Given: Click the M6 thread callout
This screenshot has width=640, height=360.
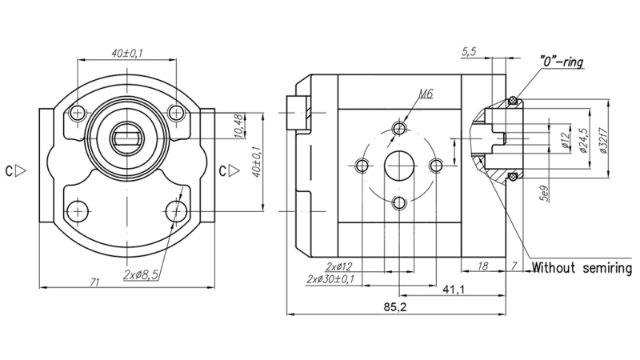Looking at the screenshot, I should tap(426, 94).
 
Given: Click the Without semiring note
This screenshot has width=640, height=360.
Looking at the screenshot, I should tap(582, 267).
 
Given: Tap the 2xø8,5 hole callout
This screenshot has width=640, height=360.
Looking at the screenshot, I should tap(146, 274).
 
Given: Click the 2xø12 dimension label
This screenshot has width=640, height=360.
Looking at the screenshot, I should tap(340, 266).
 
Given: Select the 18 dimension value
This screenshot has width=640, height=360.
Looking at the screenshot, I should tap(482, 266).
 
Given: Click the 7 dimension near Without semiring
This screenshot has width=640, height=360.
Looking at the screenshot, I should tap(515, 266).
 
